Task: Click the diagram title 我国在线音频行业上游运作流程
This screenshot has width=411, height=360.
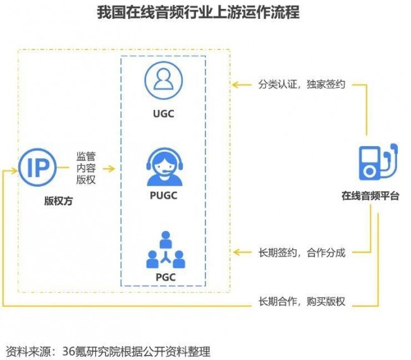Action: click(198, 12)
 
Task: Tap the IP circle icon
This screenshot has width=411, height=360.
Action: click(37, 167)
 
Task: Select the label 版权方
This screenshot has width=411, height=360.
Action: click(58, 201)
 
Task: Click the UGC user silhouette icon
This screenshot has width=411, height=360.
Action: click(164, 80)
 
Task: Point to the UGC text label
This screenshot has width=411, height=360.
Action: click(164, 114)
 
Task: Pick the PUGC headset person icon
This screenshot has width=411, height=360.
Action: click(164, 166)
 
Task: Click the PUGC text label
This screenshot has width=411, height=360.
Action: click(164, 196)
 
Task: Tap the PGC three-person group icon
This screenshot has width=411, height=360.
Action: click(166, 250)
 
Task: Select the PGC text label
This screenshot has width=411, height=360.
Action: click(166, 277)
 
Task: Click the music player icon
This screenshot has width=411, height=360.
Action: click(378, 162)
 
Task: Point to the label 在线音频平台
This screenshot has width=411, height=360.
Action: click(370, 196)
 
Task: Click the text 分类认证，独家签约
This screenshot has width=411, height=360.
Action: click(302, 84)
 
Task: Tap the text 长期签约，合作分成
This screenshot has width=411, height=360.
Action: click(302, 253)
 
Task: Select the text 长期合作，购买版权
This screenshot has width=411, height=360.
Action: click(302, 302)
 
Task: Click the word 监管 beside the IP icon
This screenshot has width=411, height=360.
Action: click(86, 156)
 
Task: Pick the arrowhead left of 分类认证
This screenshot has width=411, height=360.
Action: click(235, 85)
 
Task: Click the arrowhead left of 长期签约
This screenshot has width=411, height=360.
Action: click(236, 252)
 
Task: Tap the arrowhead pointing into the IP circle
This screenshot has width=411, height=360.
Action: click(14, 170)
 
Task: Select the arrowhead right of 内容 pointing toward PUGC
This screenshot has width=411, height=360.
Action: click(111, 168)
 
